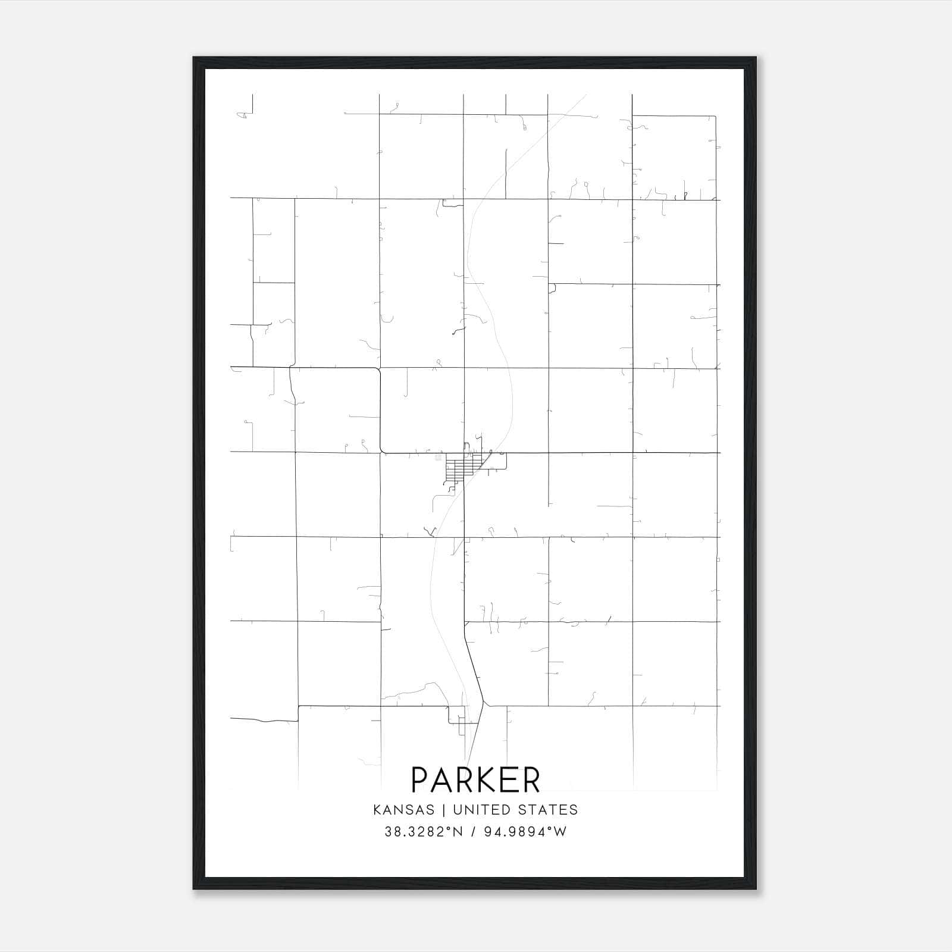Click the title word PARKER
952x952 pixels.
[x=475, y=780]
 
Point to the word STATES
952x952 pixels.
[x=549, y=810]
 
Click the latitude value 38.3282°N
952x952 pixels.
[x=423, y=832]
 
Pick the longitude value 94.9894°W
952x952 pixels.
[x=524, y=832]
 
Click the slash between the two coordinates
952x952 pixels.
[x=474, y=832]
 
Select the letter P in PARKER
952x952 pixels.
[x=419, y=780]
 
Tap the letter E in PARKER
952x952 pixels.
[x=507, y=780]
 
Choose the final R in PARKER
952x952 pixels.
[x=530, y=780]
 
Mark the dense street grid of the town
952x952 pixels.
[x=459, y=467]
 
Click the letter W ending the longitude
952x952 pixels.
[x=560, y=832]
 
